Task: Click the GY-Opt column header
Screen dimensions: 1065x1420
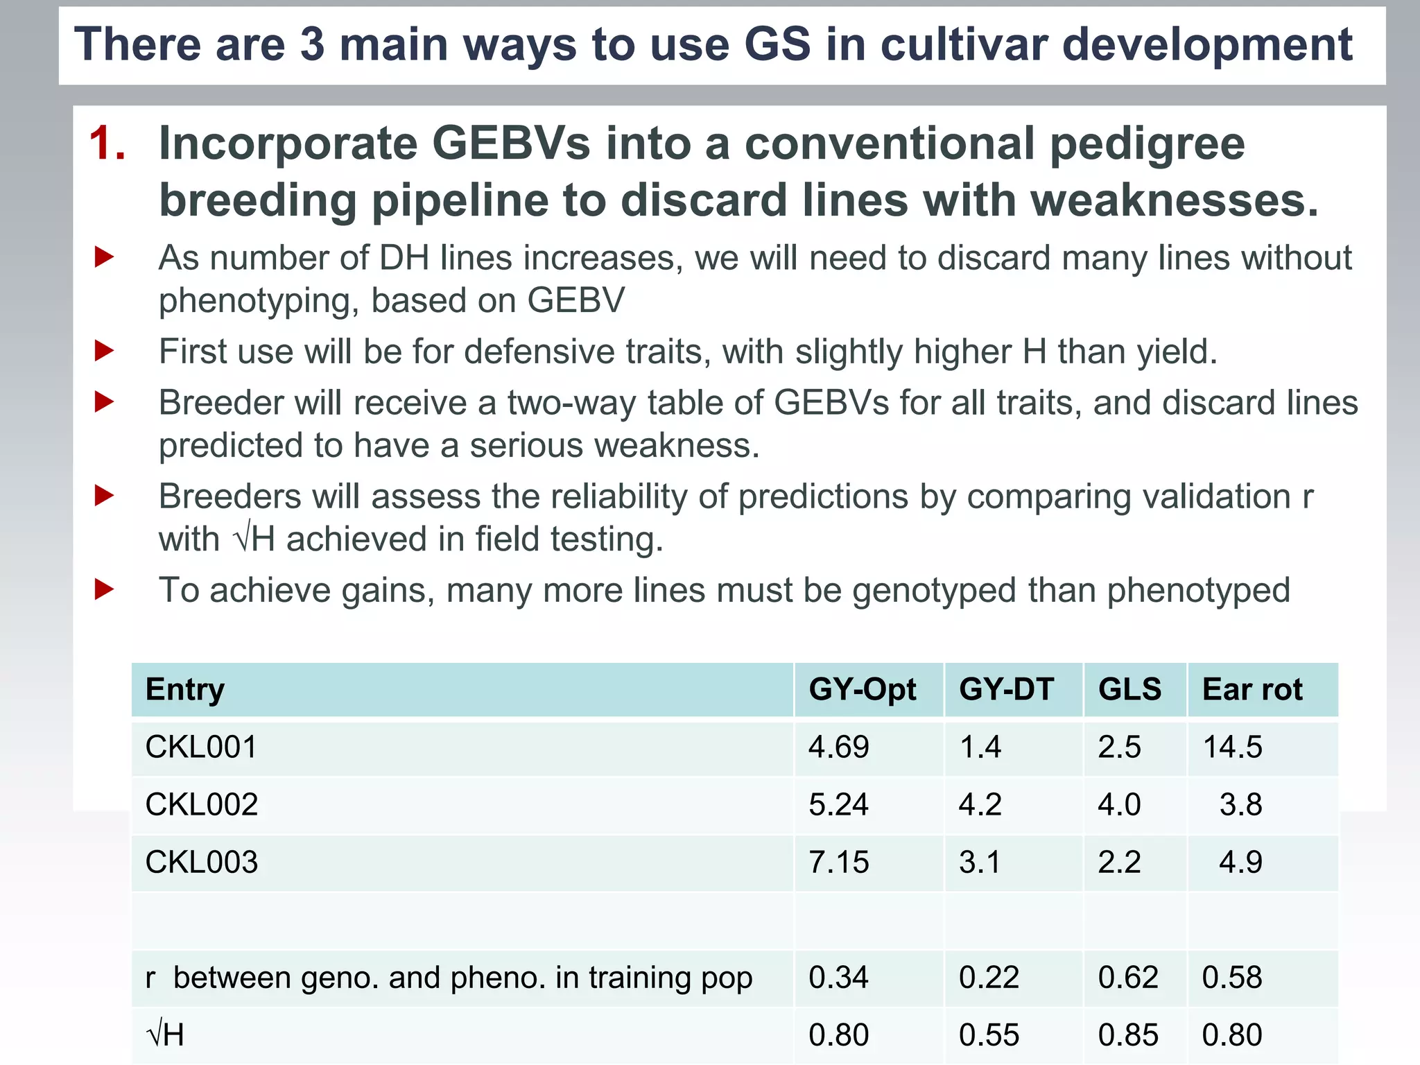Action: click(x=862, y=689)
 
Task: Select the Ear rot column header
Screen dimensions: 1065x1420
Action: click(x=1252, y=689)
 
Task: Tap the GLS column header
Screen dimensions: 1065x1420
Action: click(x=1129, y=689)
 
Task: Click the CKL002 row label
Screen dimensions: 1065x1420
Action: click(x=201, y=805)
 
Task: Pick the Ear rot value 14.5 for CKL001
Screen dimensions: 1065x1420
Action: click(x=1232, y=747)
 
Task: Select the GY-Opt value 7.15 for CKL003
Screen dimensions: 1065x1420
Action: click(x=838, y=863)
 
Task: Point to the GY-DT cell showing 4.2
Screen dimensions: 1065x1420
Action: click(x=980, y=805)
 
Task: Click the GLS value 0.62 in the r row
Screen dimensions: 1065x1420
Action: click(x=1127, y=978)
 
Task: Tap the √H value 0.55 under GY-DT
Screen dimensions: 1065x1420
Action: click(x=989, y=1035)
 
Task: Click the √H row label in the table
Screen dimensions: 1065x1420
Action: click(x=166, y=1035)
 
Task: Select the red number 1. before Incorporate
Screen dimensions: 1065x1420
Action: click(x=107, y=144)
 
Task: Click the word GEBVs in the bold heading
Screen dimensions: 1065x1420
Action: click(x=512, y=144)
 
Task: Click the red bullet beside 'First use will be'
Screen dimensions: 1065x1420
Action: click(x=104, y=352)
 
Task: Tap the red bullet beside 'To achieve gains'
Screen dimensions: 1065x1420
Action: click(x=104, y=590)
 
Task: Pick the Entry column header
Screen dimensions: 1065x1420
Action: click(x=184, y=689)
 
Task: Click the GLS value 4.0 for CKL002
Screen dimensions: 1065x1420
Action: click(x=1118, y=805)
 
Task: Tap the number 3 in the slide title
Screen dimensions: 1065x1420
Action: click(x=312, y=44)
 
